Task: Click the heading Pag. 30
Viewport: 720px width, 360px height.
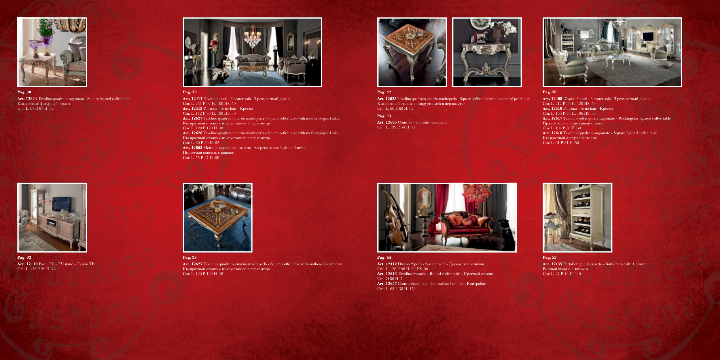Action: point(24,92)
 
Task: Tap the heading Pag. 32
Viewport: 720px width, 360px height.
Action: point(24,257)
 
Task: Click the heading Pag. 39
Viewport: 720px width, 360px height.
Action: point(190,257)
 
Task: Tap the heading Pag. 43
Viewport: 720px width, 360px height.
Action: point(384,116)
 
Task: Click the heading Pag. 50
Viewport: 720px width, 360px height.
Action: point(550,92)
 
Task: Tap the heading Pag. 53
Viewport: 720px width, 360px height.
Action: point(550,257)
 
